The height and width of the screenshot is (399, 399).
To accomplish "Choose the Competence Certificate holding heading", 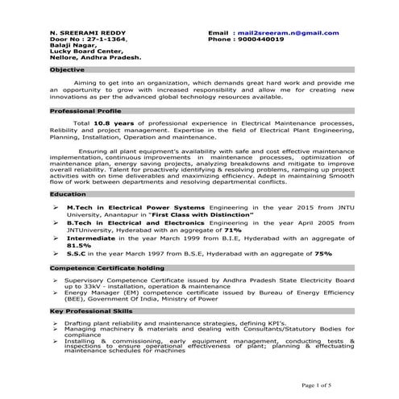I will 98,266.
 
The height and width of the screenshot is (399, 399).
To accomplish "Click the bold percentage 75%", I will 323,253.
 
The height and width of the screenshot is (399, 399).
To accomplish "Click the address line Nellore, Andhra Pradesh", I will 95,58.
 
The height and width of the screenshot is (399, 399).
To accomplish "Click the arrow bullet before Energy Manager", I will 56,293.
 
